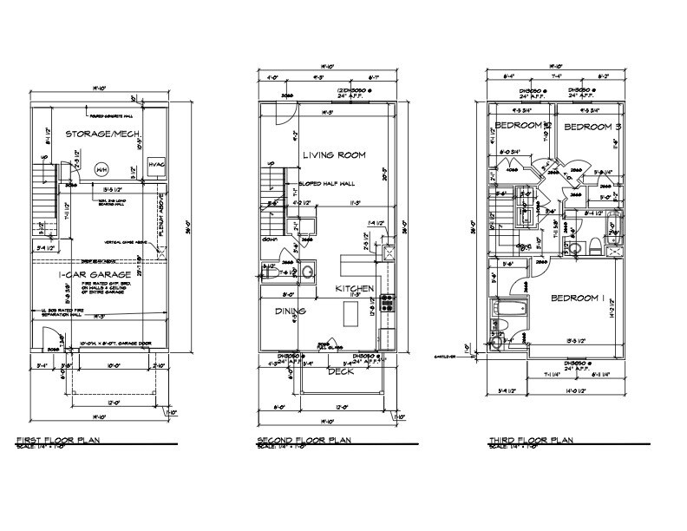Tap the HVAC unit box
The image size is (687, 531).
tap(157, 166)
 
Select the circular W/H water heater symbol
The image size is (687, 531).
tap(101, 170)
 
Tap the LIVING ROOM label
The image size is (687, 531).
tap(334, 155)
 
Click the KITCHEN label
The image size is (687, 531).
tap(355, 288)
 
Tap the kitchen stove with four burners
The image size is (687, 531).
tap(388, 305)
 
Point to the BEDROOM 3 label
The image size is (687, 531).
tap(593, 128)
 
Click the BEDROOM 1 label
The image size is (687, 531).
tap(578, 298)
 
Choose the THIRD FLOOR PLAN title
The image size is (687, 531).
tap(530, 440)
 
